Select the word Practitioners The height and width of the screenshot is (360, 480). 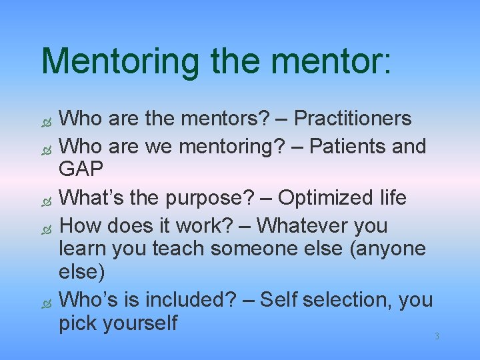coord(353,118)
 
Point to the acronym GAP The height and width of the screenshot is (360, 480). coord(81,169)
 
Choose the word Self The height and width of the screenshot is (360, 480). coord(279,300)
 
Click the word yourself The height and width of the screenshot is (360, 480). coord(140,324)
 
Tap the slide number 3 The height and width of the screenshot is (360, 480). coord(437,336)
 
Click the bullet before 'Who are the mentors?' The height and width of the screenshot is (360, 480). coord(46,121)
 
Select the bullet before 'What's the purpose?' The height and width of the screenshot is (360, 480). coord(46,200)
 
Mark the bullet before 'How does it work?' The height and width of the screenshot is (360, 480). coord(46,227)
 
